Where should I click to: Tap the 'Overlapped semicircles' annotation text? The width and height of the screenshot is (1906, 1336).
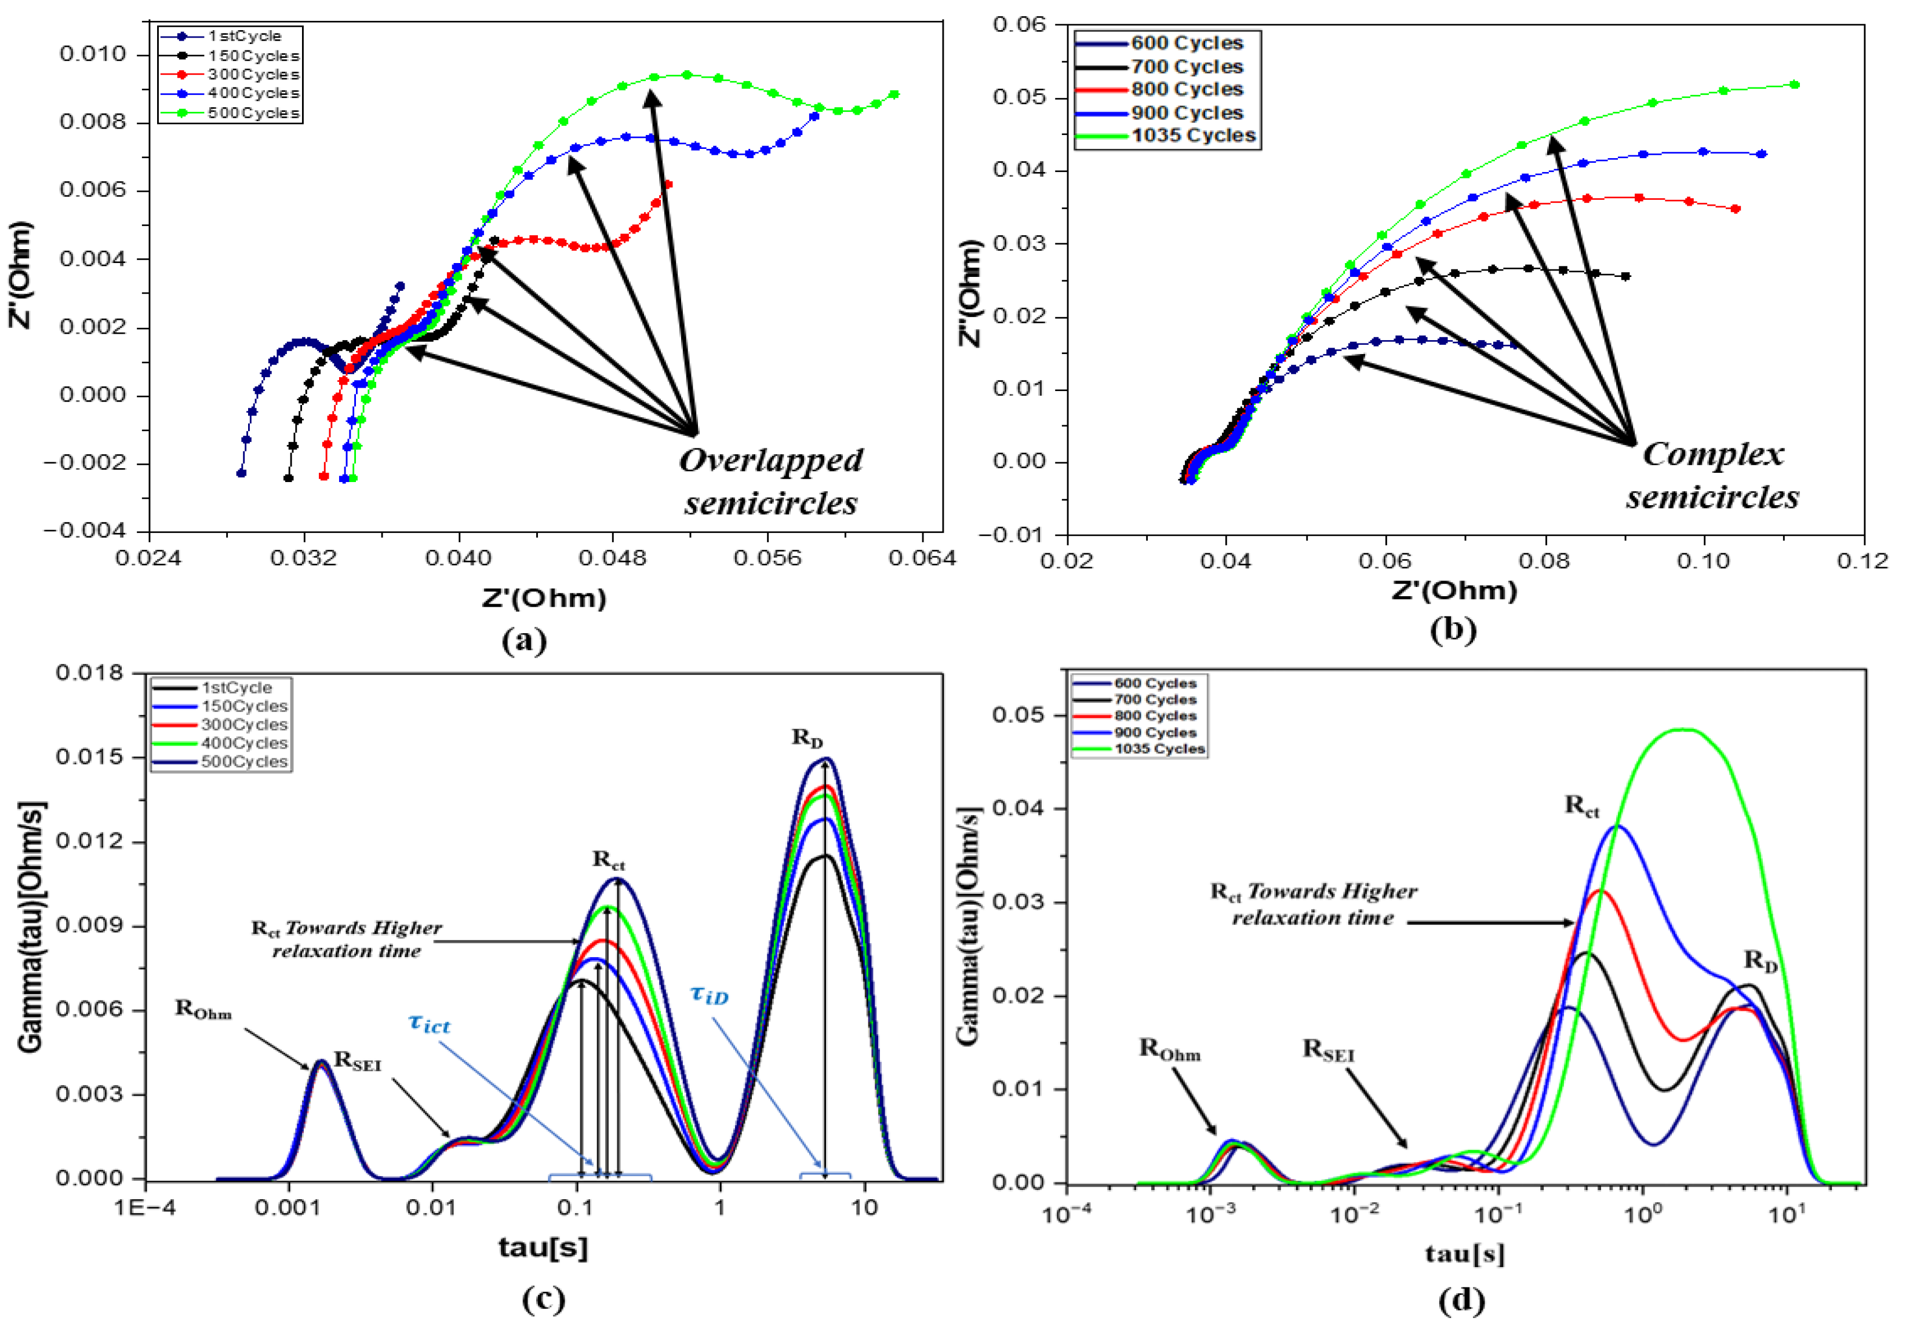coord(770,481)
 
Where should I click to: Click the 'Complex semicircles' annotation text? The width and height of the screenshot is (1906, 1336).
coord(1712,476)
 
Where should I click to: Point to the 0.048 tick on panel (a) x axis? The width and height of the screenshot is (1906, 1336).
coord(613,558)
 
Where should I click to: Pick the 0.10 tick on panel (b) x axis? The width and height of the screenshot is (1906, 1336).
coord(1704,561)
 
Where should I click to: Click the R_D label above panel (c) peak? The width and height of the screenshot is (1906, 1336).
coord(807,737)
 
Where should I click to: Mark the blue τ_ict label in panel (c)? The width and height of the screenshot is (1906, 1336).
coord(429,1023)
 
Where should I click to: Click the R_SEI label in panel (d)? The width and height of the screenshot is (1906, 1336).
coord(1327,1050)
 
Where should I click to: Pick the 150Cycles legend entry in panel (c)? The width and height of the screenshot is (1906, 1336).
coord(243,706)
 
